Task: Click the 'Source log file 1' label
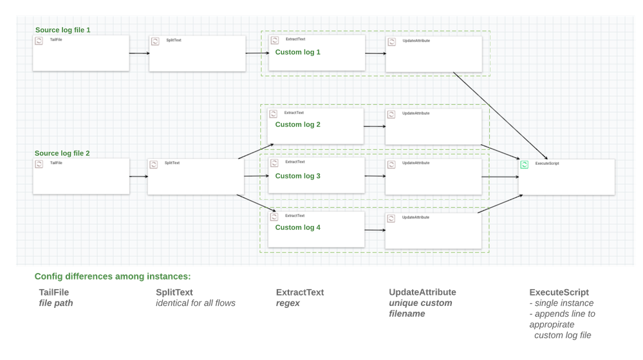click(62, 30)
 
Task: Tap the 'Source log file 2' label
click(62, 153)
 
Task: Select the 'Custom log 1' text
click(297, 52)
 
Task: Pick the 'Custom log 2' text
click(297, 124)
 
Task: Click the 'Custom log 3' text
click(297, 176)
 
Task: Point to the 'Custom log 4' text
click(297, 227)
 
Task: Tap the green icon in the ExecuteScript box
click(525, 166)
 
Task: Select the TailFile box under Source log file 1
click(80, 53)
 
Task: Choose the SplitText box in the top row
click(197, 53)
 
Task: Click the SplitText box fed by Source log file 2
click(196, 176)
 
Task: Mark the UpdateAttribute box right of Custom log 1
click(433, 53)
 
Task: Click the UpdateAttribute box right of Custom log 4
click(433, 230)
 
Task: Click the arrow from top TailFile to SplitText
click(138, 53)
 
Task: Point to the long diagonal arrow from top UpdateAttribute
click(499, 114)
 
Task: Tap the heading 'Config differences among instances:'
click(113, 276)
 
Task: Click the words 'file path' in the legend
click(55, 303)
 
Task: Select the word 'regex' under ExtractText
click(288, 303)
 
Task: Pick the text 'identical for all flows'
click(196, 303)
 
